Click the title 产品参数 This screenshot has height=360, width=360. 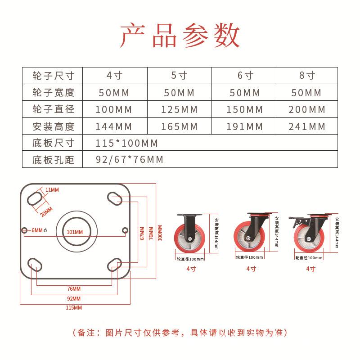click(x=180, y=36)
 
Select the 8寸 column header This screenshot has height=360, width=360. click(x=307, y=76)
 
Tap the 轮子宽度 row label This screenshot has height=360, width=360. click(x=53, y=93)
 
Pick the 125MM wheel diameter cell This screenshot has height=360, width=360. click(x=179, y=109)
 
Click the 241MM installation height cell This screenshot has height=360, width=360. click(x=307, y=126)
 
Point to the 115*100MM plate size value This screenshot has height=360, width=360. click(x=127, y=143)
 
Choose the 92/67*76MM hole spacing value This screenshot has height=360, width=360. click(x=130, y=160)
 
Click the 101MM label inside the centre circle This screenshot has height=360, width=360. click(x=75, y=232)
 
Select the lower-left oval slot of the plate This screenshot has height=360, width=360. click(x=34, y=263)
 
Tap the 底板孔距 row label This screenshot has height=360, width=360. click(x=53, y=160)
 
